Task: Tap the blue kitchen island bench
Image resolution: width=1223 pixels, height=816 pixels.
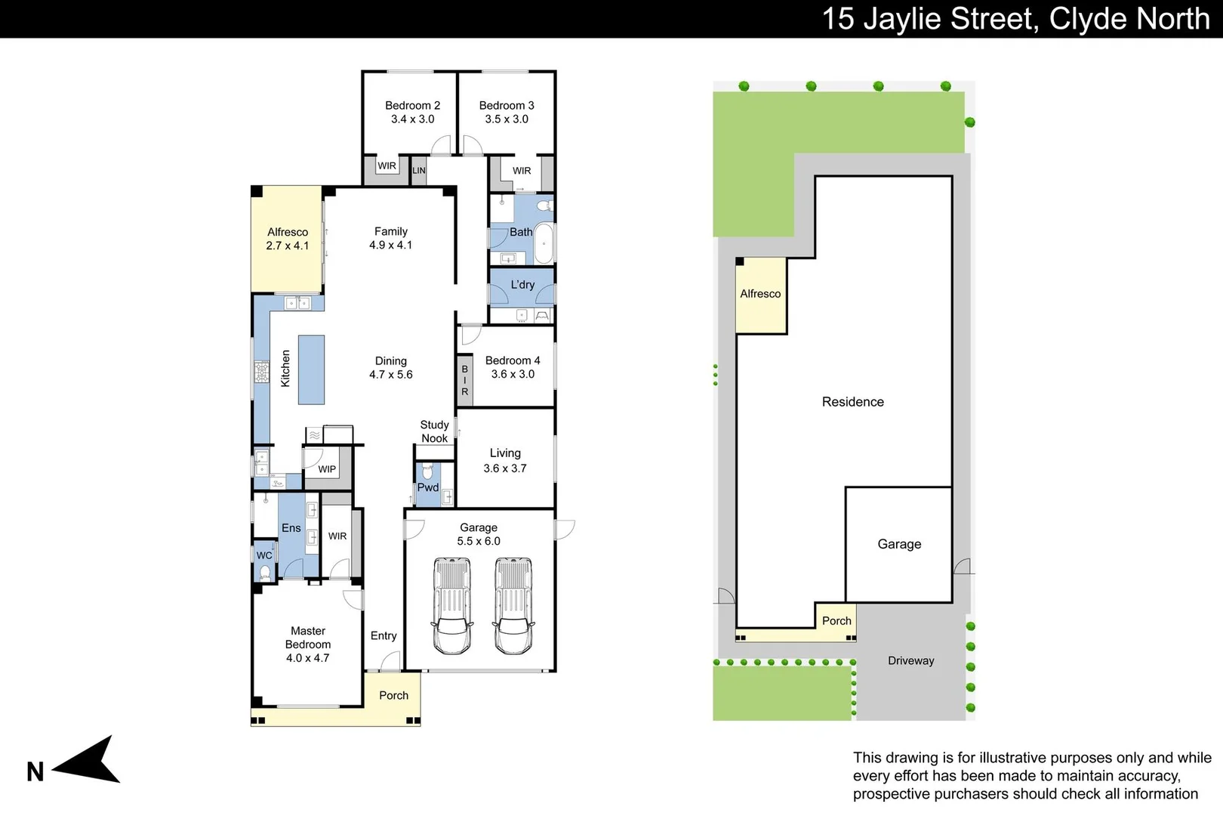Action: [311, 370]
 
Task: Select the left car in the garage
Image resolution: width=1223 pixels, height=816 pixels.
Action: [451, 606]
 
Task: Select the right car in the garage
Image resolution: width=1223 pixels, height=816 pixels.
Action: [513, 606]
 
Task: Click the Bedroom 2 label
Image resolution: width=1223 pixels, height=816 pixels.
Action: [412, 106]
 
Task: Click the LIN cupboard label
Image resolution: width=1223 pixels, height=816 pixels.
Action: [419, 171]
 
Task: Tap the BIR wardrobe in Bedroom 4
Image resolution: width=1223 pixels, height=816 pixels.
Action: [464, 380]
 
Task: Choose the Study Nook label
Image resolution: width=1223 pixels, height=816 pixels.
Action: [435, 431]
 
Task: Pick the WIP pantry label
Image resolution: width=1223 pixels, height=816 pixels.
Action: [327, 469]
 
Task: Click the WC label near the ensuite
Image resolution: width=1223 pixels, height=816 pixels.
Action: [264, 555]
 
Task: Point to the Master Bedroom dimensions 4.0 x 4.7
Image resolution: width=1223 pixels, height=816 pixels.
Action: [308, 658]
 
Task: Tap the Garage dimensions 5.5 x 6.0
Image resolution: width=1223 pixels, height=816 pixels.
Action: [479, 541]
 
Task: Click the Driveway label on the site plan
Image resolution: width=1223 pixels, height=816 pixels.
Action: [910, 661]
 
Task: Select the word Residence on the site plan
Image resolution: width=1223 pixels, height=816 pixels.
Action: [853, 402]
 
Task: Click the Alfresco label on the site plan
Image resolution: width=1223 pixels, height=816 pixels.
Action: [760, 293]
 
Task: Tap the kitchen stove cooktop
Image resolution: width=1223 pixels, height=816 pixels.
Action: [261, 372]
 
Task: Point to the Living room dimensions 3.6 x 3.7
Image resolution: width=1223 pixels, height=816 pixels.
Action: [505, 468]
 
